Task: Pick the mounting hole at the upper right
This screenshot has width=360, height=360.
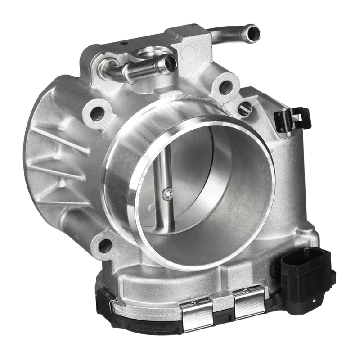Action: [x=226, y=86]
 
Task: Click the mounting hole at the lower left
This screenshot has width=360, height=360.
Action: [x=105, y=245]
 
